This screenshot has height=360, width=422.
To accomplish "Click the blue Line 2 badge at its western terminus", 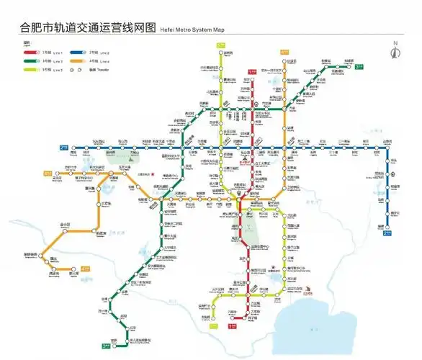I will coord(64,148).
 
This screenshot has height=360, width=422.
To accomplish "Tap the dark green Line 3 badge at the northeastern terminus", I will coord(359,66).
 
